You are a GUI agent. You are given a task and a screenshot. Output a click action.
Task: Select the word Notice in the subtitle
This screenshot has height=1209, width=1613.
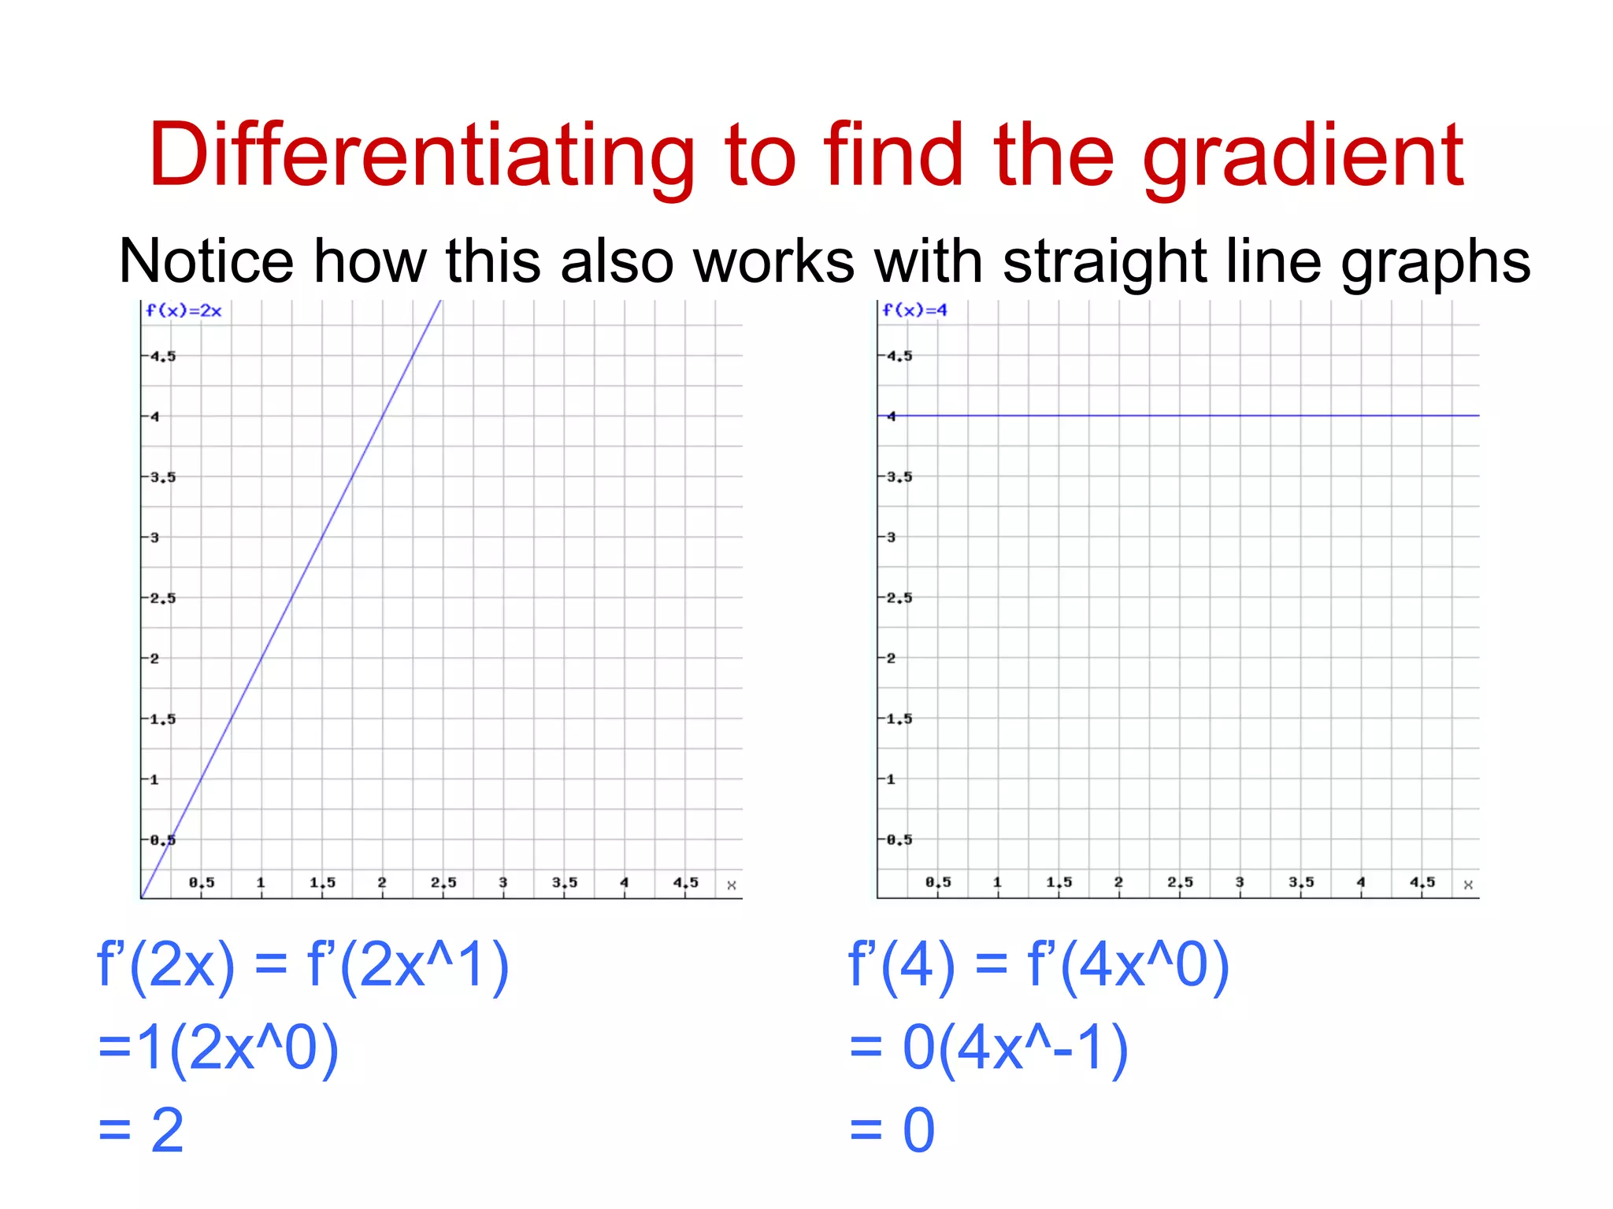[x=206, y=261]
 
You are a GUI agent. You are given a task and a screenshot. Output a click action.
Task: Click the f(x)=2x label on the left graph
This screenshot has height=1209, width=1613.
[x=184, y=311]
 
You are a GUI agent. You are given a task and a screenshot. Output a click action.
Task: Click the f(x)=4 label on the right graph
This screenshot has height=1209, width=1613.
[x=914, y=310]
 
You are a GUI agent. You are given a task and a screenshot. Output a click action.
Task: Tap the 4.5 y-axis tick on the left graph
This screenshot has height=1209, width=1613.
[x=163, y=357]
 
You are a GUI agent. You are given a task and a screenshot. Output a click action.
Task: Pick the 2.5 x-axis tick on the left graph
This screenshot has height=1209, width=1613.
[x=443, y=882]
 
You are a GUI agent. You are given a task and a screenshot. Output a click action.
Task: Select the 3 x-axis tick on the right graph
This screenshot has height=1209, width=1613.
[x=1240, y=882]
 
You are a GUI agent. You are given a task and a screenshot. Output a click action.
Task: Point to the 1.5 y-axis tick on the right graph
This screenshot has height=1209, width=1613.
[x=899, y=719]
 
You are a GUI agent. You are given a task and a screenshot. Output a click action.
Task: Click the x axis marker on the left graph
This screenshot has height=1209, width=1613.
[x=732, y=885]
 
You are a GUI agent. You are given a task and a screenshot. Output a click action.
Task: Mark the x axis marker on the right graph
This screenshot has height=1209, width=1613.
[x=1468, y=885]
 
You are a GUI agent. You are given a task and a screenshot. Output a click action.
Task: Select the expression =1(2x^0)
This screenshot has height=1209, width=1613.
[x=218, y=1048]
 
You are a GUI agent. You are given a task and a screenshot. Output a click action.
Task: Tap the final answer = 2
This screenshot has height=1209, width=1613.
[x=142, y=1130]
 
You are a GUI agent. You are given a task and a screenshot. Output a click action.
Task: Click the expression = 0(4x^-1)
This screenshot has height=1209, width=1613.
[x=988, y=1048]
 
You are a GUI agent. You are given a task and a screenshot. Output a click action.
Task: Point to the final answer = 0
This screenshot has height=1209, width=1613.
[x=892, y=1130]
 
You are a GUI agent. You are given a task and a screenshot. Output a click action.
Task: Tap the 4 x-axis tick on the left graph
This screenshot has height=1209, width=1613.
[x=625, y=882]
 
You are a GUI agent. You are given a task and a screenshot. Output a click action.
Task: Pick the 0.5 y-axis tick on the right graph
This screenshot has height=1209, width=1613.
[x=899, y=840]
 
